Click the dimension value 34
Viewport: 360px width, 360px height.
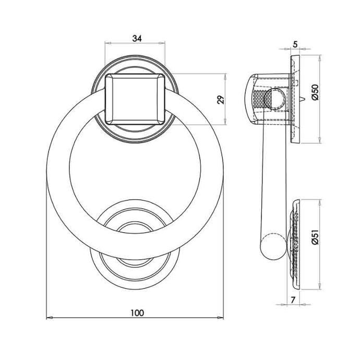pyautogui.click(x=137, y=38)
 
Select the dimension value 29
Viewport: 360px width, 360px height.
pyautogui.click(x=221, y=100)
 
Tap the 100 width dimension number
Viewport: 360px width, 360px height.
pyautogui.click(x=137, y=313)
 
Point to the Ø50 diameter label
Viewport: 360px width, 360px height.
pyautogui.click(x=316, y=92)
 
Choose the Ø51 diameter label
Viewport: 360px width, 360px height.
pyautogui.click(x=316, y=237)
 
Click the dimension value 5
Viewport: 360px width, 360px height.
pyautogui.click(x=295, y=44)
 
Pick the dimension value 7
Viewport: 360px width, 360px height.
pyautogui.click(x=293, y=300)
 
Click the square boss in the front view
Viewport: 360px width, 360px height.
pyautogui.click(x=135, y=99)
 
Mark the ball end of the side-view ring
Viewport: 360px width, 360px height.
pyautogui.click(x=273, y=247)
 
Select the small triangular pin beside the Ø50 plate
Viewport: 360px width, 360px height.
pyautogui.click(x=303, y=99)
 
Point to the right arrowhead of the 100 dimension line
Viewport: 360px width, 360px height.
pyautogui.click(x=220, y=318)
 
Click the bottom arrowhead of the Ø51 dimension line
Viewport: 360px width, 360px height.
pyautogui.click(x=320, y=286)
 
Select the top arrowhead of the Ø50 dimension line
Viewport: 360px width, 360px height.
pyautogui.click(x=320, y=58)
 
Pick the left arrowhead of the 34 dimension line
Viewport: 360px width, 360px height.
pyautogui.click(x=108, y=43)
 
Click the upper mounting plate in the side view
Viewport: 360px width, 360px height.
pyautogui.click(x=295, y=99)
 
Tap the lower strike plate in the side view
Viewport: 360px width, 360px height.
pyautogui.click(x=295, y=245)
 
